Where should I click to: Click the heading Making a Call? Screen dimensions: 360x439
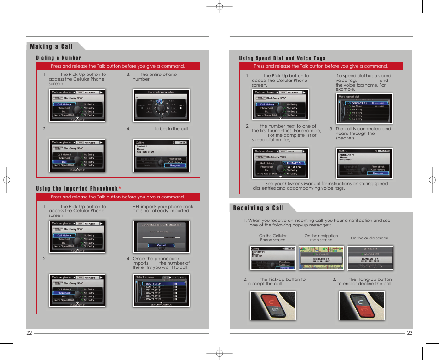[52, 46]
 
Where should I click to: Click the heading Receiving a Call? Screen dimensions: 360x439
[258, 208]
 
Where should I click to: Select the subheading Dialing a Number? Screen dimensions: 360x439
[59, 58]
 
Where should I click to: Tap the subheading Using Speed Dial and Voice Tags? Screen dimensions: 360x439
[282, 58]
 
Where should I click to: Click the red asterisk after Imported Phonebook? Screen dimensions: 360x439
[120, 189]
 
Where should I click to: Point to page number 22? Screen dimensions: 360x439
[29, 333]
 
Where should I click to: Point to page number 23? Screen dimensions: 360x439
[410, 333]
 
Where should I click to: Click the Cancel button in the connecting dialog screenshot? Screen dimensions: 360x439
[161, 245]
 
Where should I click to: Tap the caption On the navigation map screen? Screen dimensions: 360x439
[321, 238]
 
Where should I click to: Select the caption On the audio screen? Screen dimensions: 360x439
[369, 238]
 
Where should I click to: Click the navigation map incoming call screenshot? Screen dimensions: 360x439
[321, 258]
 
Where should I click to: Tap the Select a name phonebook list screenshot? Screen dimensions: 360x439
[161, 290]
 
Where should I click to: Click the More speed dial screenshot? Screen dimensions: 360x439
[365, 109]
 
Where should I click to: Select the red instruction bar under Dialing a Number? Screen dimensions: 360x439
[118, 66]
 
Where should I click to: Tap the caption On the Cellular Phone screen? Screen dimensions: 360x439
[272, 238]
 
